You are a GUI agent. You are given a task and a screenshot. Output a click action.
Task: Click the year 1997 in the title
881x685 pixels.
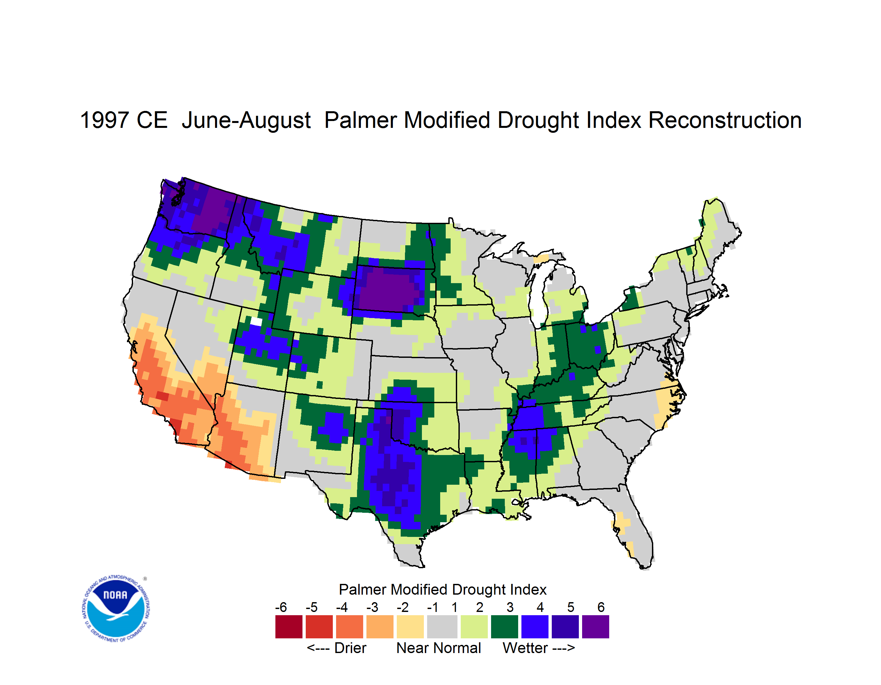tap(104, 120)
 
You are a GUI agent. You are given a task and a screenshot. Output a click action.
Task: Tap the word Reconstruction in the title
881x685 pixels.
tap(725, 120)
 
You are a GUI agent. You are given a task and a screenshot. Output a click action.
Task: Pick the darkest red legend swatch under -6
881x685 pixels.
tap(289, 627)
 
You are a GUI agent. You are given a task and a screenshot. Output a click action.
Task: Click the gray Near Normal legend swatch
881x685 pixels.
tap(442, 627)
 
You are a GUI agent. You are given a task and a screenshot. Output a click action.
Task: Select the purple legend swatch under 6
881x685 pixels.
tap(595, 627)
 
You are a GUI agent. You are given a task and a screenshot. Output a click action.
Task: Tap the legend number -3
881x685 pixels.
tap(372, 607)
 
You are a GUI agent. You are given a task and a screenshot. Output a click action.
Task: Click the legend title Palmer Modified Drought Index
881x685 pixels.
tap(442, 589)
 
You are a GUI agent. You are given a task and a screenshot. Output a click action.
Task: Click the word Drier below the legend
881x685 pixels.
tap(350, 648)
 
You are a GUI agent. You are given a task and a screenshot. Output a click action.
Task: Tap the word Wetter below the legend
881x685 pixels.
tap(525, 648)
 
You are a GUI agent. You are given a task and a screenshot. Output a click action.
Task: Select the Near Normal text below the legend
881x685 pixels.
tap(439, 648)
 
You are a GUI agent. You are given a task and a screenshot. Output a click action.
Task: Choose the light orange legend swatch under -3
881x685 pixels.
tap(379, 627)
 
